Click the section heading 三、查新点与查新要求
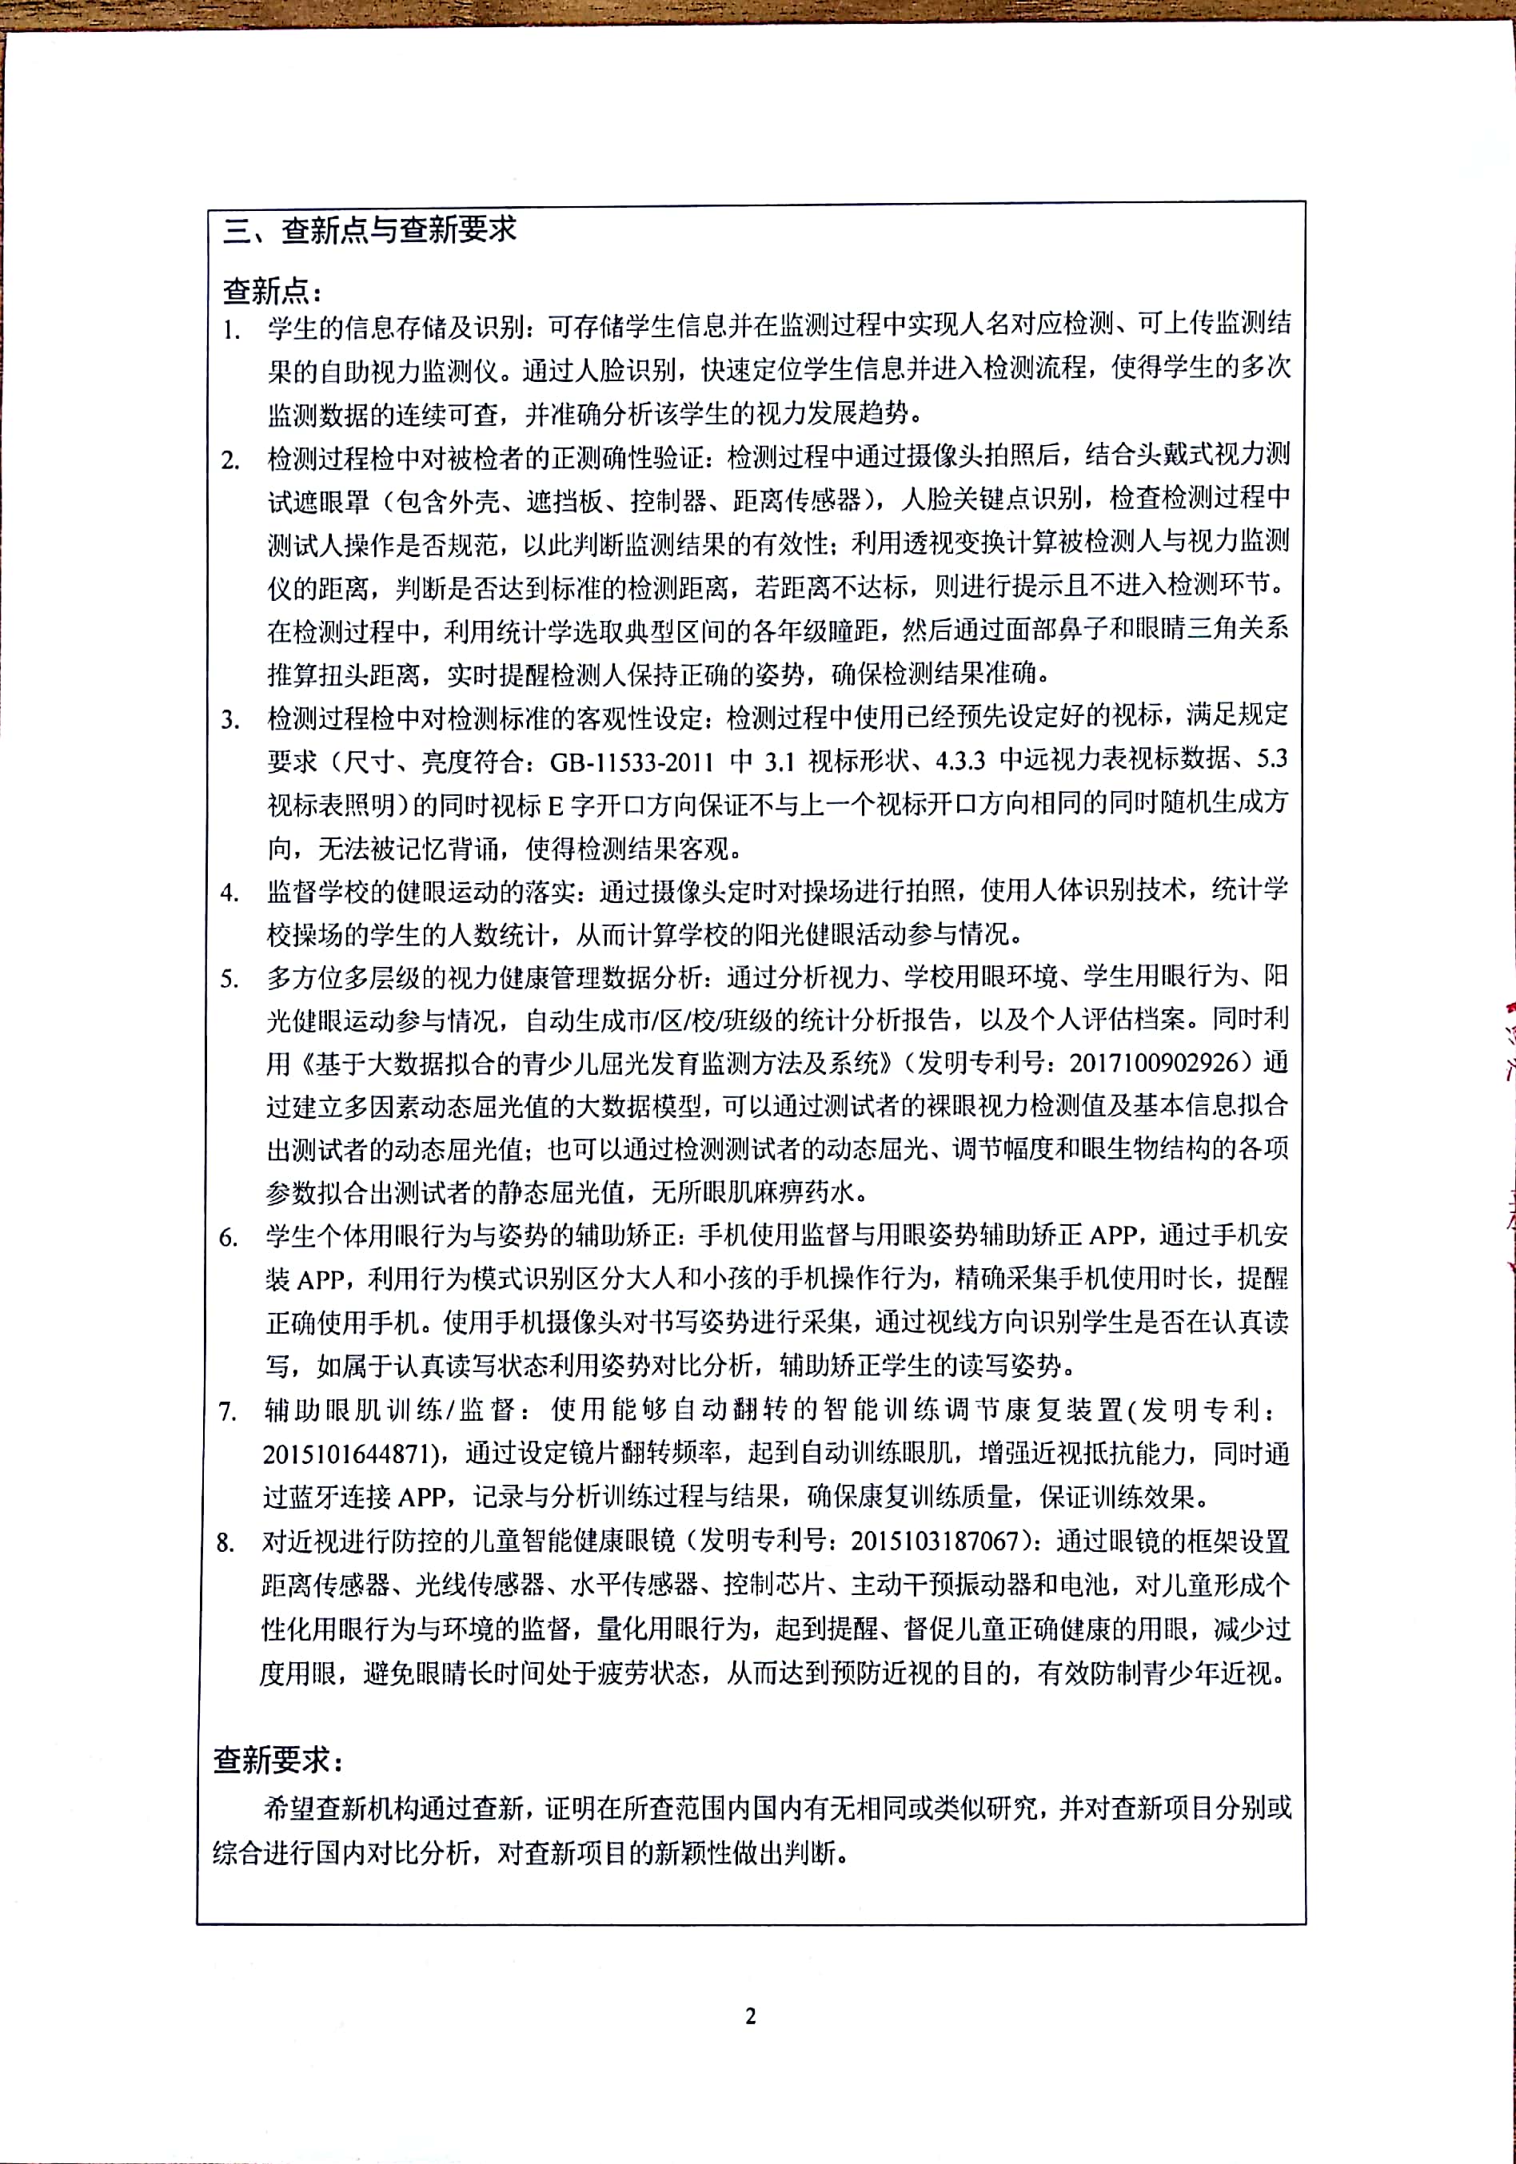click(369, 230)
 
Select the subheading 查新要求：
click(279, 1759)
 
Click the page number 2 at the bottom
click(751, 2016)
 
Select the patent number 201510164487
click(346, 1454)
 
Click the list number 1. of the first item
click(232, 331)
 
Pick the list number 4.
click(230, 893)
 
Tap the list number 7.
click(227, 1412)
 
